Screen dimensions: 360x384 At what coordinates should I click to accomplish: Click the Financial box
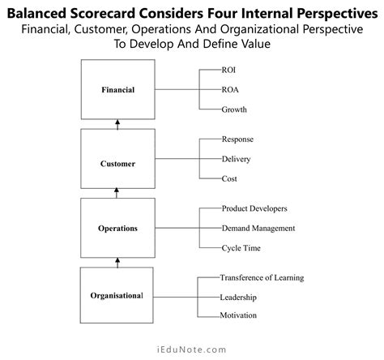117,89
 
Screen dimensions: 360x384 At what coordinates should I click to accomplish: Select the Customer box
117,163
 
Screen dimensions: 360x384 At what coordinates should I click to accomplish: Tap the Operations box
117,228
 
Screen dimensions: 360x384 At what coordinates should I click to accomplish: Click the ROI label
229,70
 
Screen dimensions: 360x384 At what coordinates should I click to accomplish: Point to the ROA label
230,89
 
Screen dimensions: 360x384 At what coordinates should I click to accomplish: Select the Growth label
234,109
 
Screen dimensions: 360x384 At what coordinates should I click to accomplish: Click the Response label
238,139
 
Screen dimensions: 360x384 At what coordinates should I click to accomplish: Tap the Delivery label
237,159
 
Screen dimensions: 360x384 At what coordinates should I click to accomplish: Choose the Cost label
229,178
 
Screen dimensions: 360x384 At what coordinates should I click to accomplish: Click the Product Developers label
254,208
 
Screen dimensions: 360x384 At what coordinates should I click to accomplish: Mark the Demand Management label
258,228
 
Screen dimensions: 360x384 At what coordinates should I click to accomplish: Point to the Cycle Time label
241,248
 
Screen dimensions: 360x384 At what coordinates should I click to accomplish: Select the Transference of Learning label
262,278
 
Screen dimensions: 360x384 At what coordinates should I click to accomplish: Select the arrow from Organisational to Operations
117,262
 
